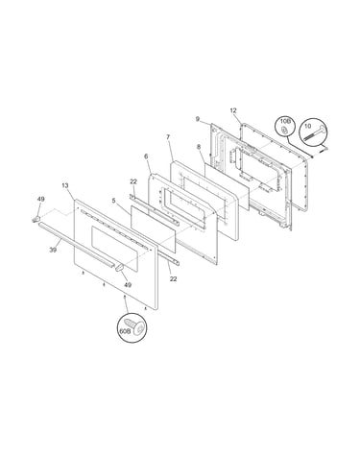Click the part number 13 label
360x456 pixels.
[x=65, y=185]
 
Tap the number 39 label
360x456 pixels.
[x=53, y=250]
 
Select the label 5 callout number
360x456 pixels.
[x=113, y=201]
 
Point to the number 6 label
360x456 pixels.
[x=146, y=156]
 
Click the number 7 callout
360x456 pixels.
[x=168, y=137]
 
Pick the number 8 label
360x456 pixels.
[x=199, y=148]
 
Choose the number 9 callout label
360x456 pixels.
[x=198, y=119]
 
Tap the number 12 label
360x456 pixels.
[x=233, y=110]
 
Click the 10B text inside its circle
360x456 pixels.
[x=285, y=122]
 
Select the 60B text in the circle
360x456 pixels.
[x=125, y=331]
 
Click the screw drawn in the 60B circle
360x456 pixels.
[x=136, y=325]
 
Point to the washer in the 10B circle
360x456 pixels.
[x=284, y=130]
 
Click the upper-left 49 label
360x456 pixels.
[x=41, y=199]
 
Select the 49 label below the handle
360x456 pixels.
[x=128, y=285]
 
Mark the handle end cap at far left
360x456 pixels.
[x=36, y=219]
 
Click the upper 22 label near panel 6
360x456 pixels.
[x=133, y=181]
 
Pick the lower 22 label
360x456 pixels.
[x=173, y=279]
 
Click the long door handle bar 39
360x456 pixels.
[x=76, y=246]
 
